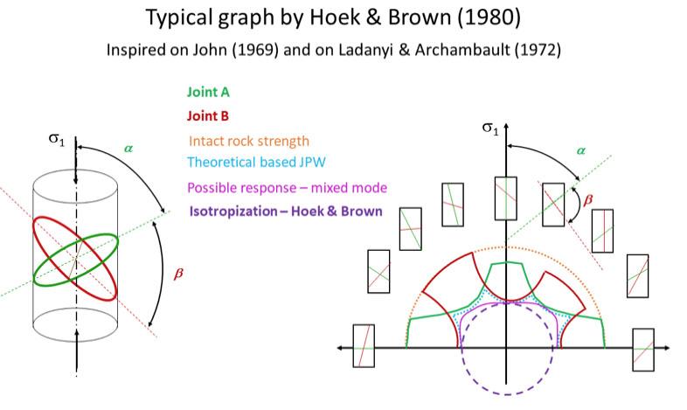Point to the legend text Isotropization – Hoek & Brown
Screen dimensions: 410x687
285,211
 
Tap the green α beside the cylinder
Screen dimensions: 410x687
128,149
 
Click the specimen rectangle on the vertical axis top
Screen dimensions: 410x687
506,198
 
